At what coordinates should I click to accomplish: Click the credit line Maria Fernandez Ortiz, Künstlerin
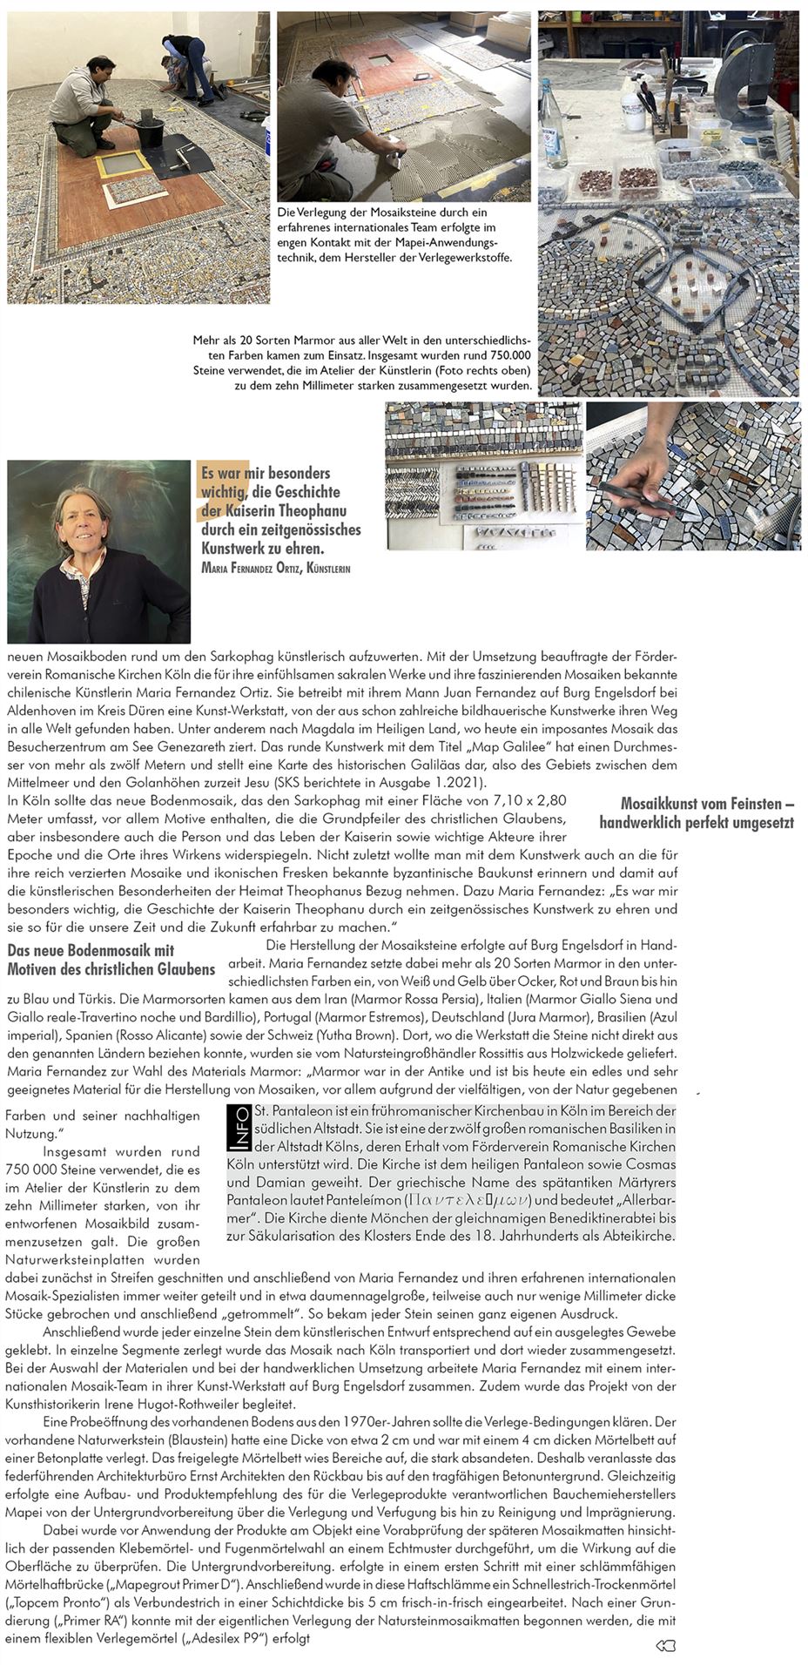(x=275, y=570)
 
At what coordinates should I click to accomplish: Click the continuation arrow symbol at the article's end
(x=665, y=1644)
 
